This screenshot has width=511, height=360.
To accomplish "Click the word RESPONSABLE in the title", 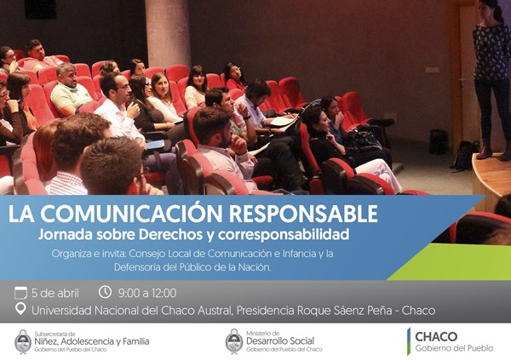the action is (303, 214).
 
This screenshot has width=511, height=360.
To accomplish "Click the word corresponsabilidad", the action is (284, 235).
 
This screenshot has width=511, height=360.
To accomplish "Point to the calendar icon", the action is (20, 293).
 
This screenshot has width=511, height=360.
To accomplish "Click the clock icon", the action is (105, 292).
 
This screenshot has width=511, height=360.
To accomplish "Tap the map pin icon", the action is (20, 309).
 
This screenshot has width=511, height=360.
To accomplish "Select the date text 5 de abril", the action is (55, 294).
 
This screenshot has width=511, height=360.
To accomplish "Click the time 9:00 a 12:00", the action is (147, 294).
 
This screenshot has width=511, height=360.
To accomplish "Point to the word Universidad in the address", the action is (61, 311).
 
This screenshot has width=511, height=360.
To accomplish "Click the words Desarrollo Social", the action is (280, 341).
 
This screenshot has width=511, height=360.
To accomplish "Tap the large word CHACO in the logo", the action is (436, 336).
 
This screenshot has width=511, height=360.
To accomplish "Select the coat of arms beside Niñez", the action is (23, 341).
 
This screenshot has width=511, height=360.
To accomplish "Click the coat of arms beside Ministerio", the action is (234, 341).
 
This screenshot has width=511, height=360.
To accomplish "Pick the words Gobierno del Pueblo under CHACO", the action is (454, 348).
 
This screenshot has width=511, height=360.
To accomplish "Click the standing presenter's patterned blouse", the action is (491, 52).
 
